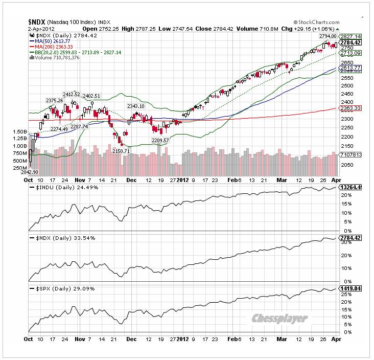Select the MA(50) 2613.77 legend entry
pos(52,42)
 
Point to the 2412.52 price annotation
pos(72,95)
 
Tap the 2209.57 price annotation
pos(161,140)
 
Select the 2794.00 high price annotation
pos(328,36)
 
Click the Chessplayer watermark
pos(280,318)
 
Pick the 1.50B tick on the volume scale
pos(20,131)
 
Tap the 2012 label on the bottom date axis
pos(183,339)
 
